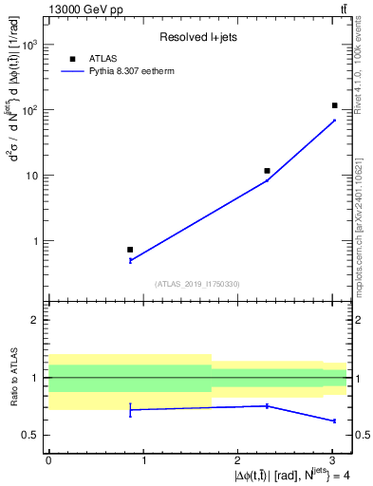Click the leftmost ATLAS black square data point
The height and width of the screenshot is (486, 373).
click(130, 250)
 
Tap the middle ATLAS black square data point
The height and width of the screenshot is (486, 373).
click(268, 171)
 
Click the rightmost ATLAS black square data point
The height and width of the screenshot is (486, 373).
click(334, 105)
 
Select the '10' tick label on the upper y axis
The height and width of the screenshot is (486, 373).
click(34, 176)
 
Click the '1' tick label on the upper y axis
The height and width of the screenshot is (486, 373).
click(38, 241)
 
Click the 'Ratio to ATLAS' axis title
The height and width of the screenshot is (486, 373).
click(14, 378)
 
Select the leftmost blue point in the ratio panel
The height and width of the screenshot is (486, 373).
click(130, 409)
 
